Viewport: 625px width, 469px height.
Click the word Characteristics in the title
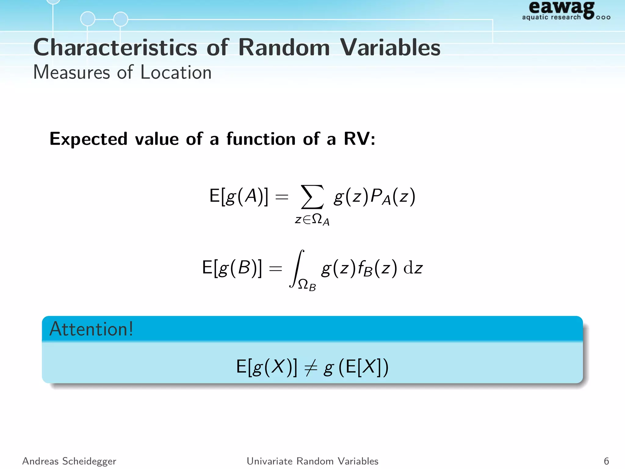coord(115,48)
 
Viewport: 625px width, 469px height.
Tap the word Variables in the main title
coord(390,48)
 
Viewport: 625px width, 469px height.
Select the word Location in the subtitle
coord(176,73)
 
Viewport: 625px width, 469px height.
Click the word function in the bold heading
coord(261,139)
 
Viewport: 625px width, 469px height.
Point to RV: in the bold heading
coord(359,139)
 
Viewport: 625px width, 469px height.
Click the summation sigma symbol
coord(312,197)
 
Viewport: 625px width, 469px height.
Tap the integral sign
coord(297,268)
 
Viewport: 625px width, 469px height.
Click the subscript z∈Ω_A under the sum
coord(312,220)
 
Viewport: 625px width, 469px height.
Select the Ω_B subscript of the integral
coord(307,285)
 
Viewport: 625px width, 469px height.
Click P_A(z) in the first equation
coord(393,196)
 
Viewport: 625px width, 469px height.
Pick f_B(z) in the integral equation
coord(378,268)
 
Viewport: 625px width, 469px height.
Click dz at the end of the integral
coord(413,268)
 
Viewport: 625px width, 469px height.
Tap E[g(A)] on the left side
coord(239,196)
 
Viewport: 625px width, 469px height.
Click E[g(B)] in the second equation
coord(232,268)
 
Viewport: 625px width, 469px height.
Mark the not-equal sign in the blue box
coord(310,367)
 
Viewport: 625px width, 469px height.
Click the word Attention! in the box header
coord(91,329)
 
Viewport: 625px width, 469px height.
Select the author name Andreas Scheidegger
coord(69,461)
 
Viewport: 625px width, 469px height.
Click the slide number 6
coord(606,461)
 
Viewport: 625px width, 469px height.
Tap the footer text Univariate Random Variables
coord(312,461)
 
